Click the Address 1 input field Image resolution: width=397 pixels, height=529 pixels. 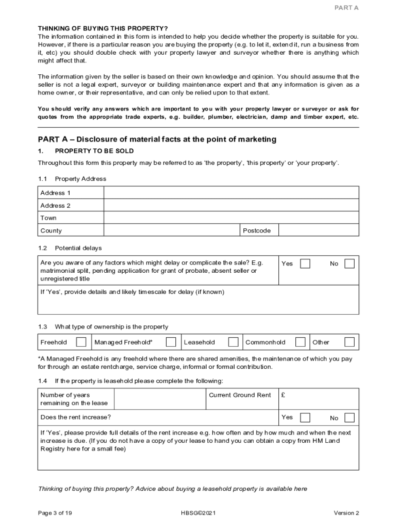[231, 193]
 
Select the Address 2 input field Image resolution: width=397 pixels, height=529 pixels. [231, 205]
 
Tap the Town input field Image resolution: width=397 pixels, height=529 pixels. [231, 217]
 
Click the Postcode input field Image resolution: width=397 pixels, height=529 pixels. [319, 230]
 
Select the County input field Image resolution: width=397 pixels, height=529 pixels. [172, 230]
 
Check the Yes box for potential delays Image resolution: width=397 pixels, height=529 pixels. [305, 263]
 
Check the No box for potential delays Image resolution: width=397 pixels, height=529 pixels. [350, 263]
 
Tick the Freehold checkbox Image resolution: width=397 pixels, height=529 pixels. [81, 342]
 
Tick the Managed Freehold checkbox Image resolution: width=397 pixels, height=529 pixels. [171, 342]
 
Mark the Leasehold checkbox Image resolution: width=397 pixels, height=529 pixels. [234, 342]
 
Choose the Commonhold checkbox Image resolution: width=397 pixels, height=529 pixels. [300, 342]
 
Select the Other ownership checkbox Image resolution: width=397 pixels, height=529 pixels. [350, 342]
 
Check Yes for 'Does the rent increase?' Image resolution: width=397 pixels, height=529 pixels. [305, 417]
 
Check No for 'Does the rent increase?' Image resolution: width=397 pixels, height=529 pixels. [350, 417]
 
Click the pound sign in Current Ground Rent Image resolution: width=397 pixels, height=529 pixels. [283, 395]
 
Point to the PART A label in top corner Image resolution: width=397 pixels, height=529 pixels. [346, 8]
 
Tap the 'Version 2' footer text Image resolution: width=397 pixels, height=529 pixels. [346, 513]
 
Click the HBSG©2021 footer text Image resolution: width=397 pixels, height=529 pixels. [198, 513]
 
